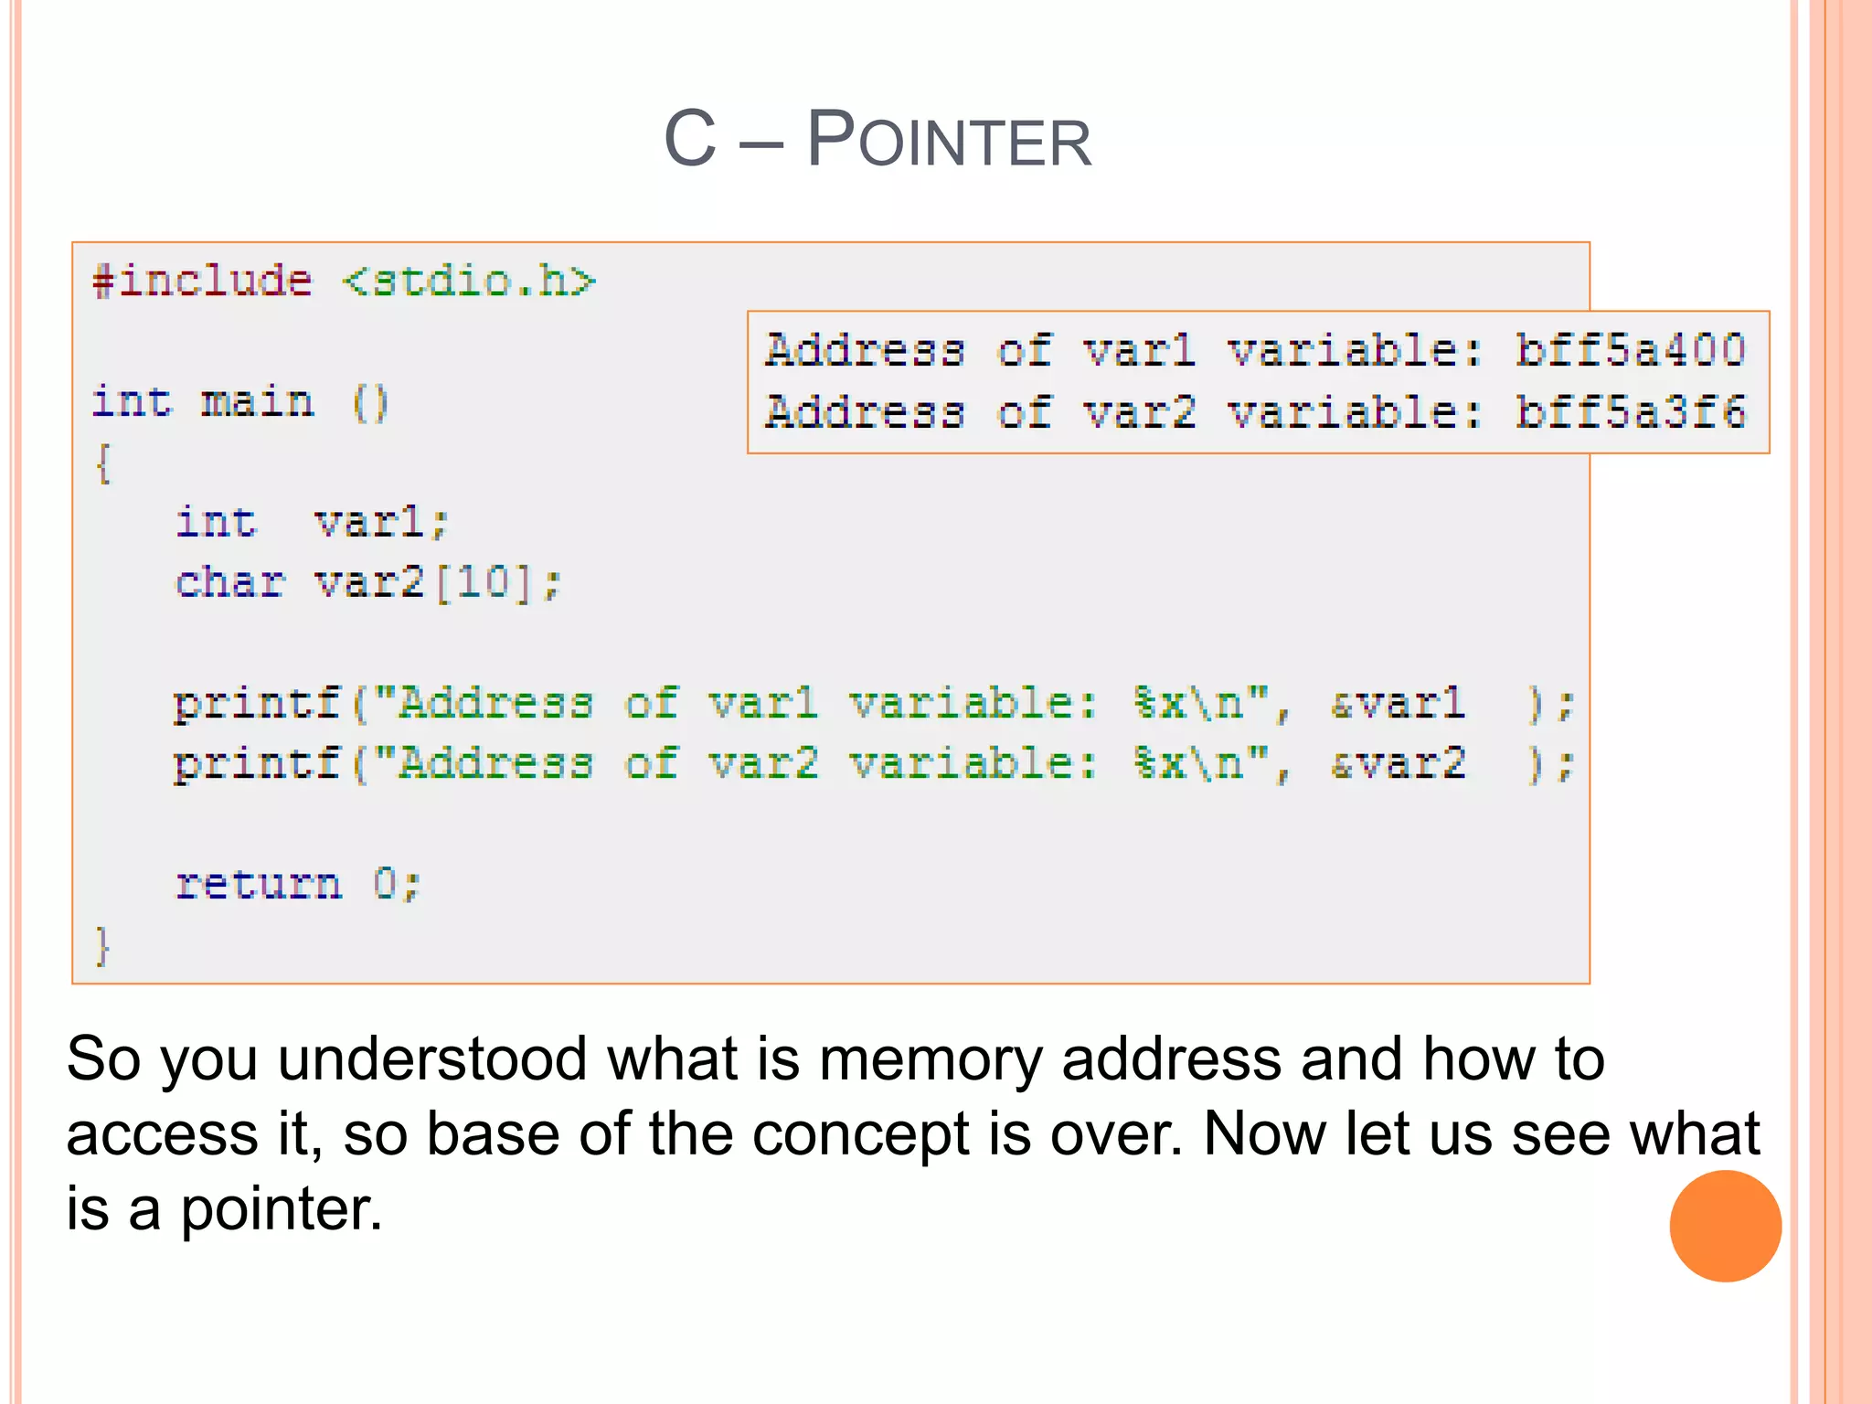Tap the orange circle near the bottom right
coord(1725,1226)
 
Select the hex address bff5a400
coord(1630,350)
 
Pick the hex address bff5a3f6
coord(1630,412)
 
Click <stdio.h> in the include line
coord(469,281)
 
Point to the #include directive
coord(202,281)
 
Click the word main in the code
coord(257,402)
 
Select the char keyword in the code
coord(229,582)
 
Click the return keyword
coord(259,884)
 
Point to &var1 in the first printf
coord(1398,704)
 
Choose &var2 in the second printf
coord(1398,764)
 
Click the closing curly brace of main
coord(102,945)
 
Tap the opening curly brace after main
coord(103,463)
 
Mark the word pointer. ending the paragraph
coord(281,1210)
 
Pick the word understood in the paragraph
coord(431,1060)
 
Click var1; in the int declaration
coord(380,523)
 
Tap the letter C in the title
coord(690,138)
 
